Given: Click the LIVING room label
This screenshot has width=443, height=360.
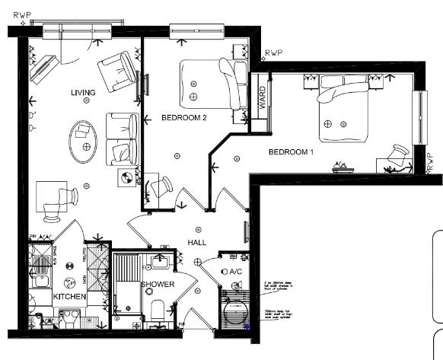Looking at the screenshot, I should (x=83, y=93).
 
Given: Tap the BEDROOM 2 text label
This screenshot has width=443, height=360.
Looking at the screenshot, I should (x=184, y=118).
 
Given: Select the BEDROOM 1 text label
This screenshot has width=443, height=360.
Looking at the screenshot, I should (x=292, y=152).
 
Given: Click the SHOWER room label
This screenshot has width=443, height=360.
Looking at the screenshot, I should (x=158, y=285).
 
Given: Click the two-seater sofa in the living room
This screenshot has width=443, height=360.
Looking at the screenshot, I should (x=121, y=139).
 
